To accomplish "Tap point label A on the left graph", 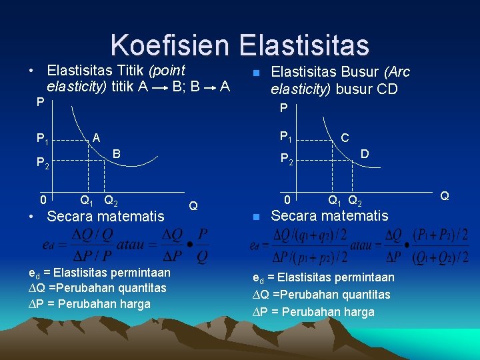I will pyautogui.click(x=97, y=137).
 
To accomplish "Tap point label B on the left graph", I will pyautogui.click(x=116, y=154).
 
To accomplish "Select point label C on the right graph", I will pyautogui.click(x=345, y=138).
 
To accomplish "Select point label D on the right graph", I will pyautogui.click(x=365, y=154).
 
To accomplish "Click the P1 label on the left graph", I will pyautogui.click(x=43, y=139).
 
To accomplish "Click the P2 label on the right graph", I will pyautogui.click(x=287, y=159).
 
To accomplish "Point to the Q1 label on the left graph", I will pyautogui.click(x=87, y=199).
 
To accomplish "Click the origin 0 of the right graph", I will pyautogui.click(x=287, y=199).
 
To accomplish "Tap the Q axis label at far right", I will pyautogui.click(x=445, y=196).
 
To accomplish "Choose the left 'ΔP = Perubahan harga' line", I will pyautogui.click(x=89, y=304).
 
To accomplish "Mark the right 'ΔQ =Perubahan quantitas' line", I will pyautogui.click(x=321, y=294).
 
